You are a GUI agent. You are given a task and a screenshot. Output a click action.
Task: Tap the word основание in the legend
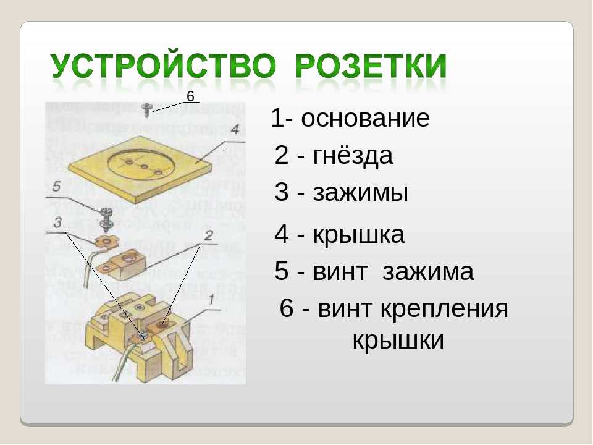[365, 118]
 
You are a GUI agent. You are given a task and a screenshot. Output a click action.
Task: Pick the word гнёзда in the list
[353, 155]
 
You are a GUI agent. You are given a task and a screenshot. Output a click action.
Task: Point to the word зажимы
[360, 192]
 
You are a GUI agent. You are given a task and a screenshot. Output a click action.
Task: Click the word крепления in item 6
[444, 309]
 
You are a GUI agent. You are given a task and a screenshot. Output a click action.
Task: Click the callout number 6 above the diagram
[190, 96]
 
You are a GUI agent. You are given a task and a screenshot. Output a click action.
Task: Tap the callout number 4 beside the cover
[235, 129]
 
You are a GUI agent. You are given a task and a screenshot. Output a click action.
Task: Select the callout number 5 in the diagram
[56, 186]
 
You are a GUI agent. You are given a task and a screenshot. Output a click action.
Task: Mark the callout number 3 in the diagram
[57, 222]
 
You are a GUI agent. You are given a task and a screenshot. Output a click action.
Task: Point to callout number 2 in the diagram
[208, 235]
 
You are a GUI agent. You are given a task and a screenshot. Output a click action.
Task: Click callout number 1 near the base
[211, 300]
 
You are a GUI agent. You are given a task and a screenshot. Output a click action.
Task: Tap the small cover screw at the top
[146, 109]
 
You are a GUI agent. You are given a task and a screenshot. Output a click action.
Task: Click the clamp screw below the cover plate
[107, 219]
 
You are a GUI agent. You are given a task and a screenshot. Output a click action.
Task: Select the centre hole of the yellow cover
[143, 166]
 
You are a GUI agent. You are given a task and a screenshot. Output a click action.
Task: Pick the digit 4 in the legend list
[282, 234]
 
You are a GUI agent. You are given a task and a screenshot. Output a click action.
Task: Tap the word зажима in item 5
[428, 271]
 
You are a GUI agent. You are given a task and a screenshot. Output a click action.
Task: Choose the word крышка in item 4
[359, 235]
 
